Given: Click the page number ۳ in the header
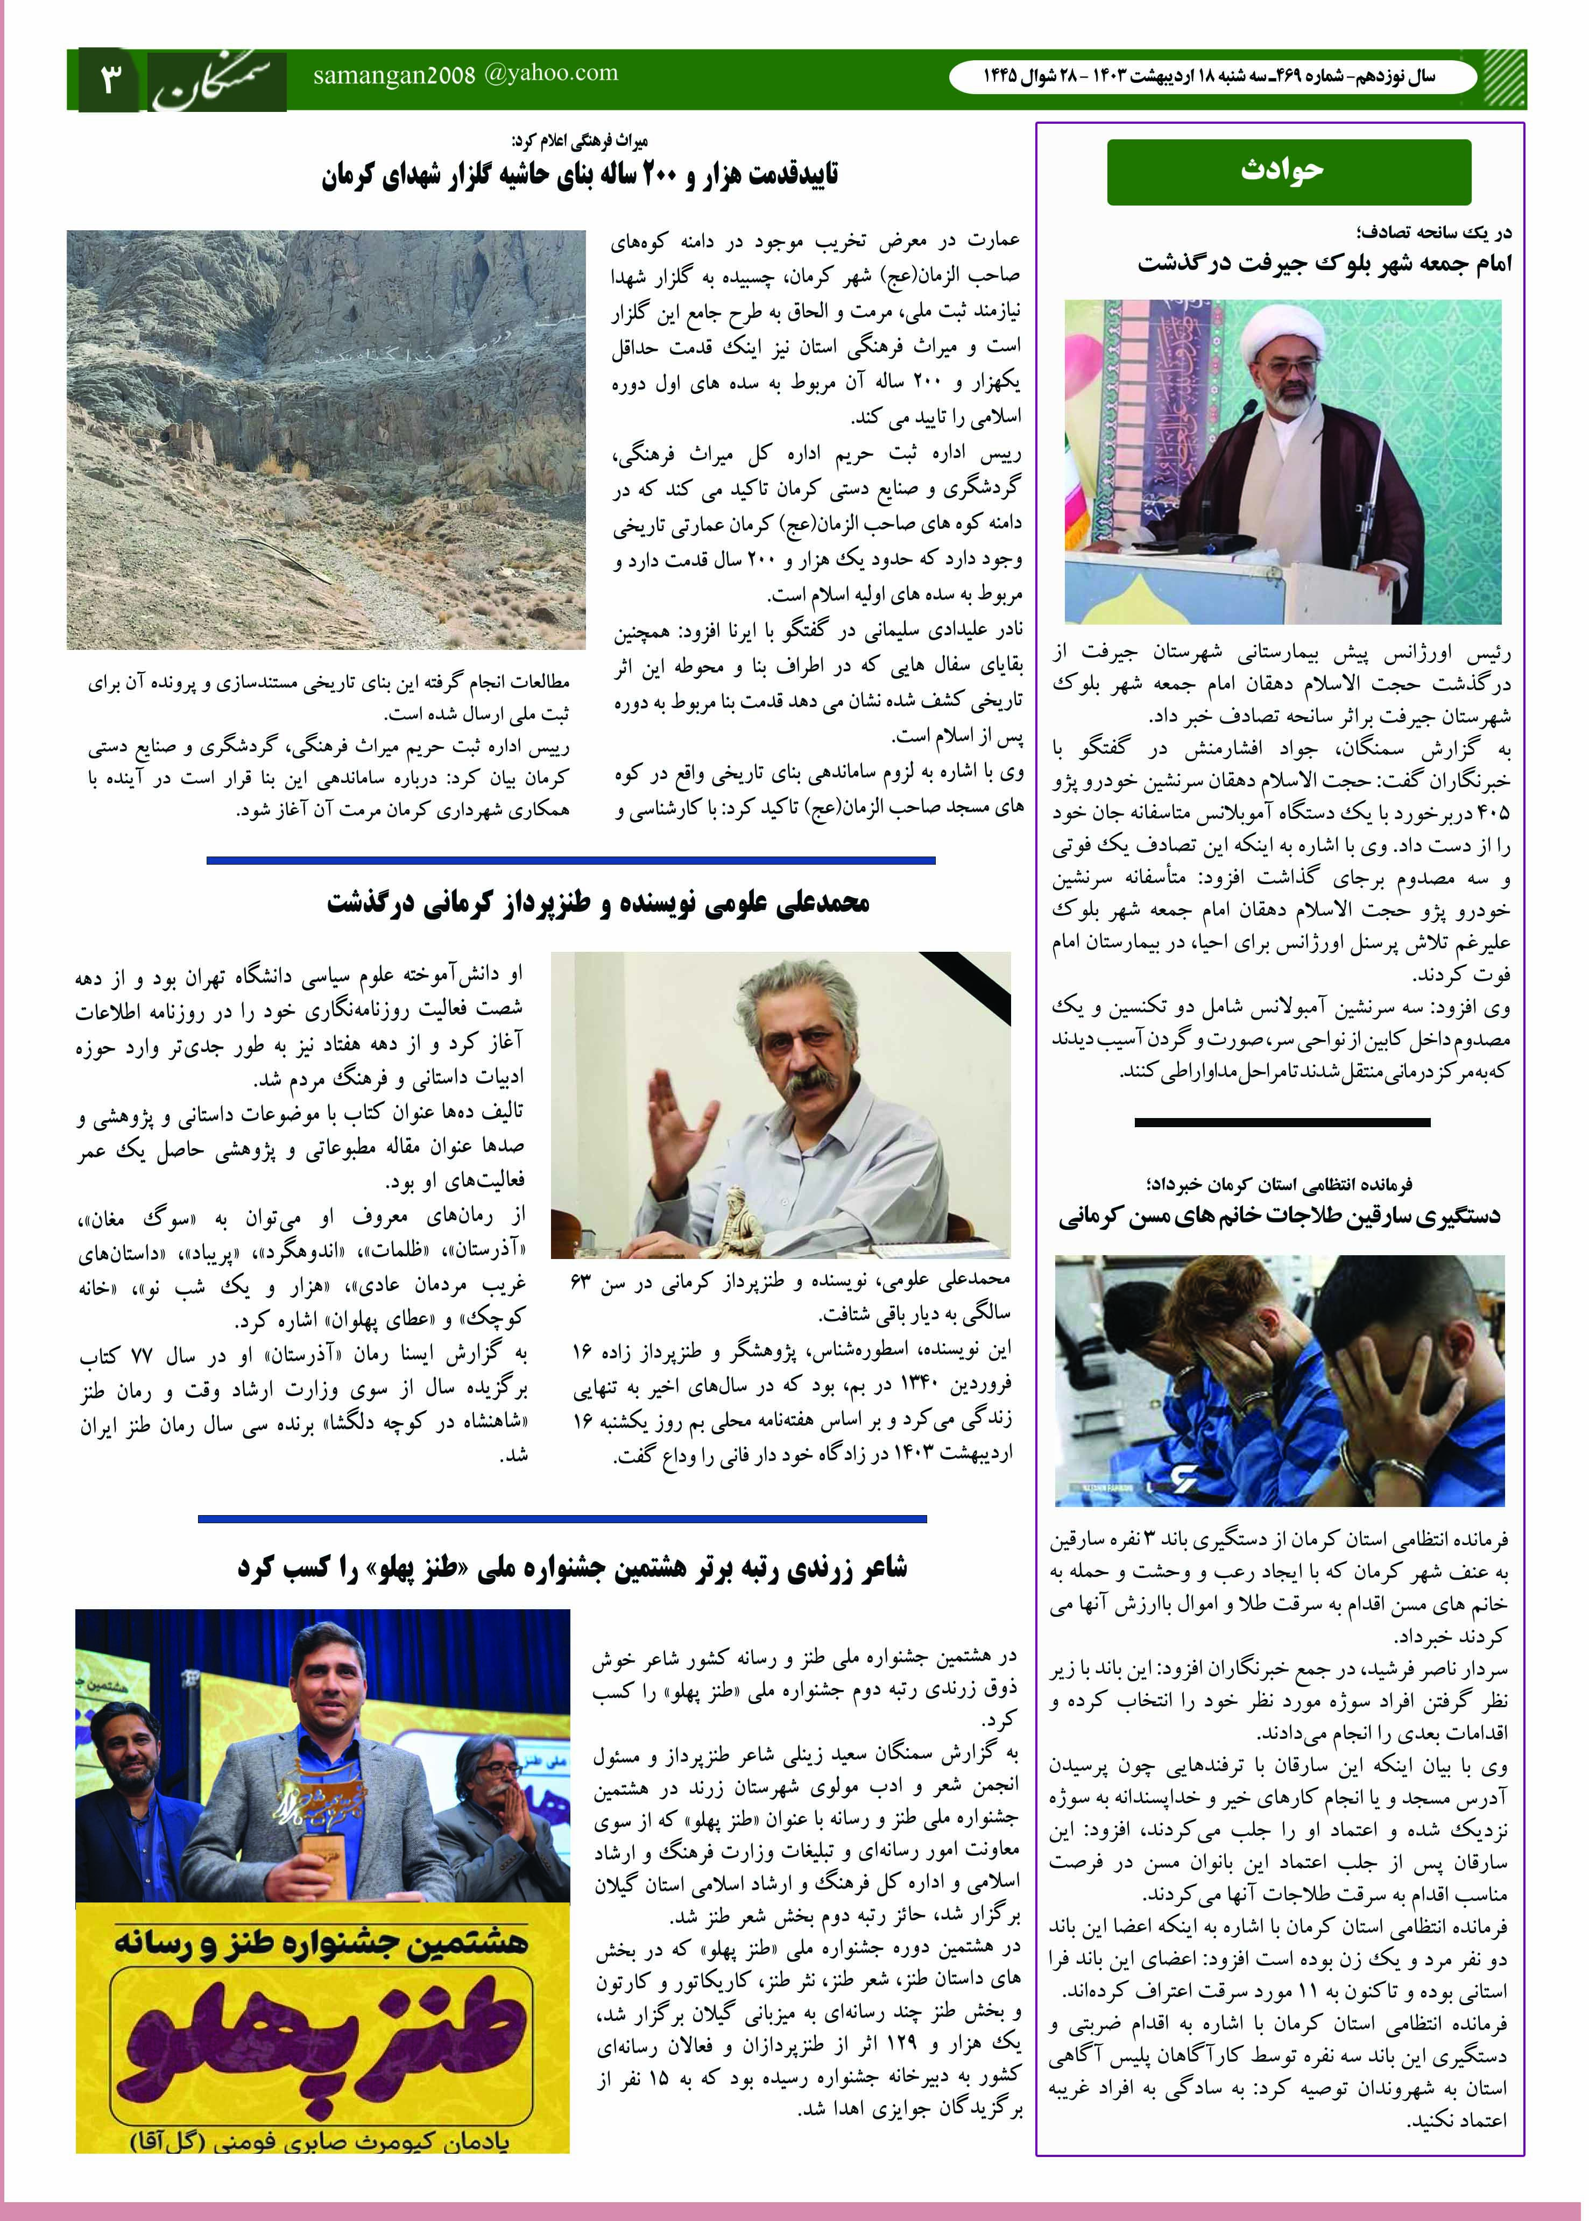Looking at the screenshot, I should click(108, 78).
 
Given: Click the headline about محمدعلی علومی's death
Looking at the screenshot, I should click(598, 902).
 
